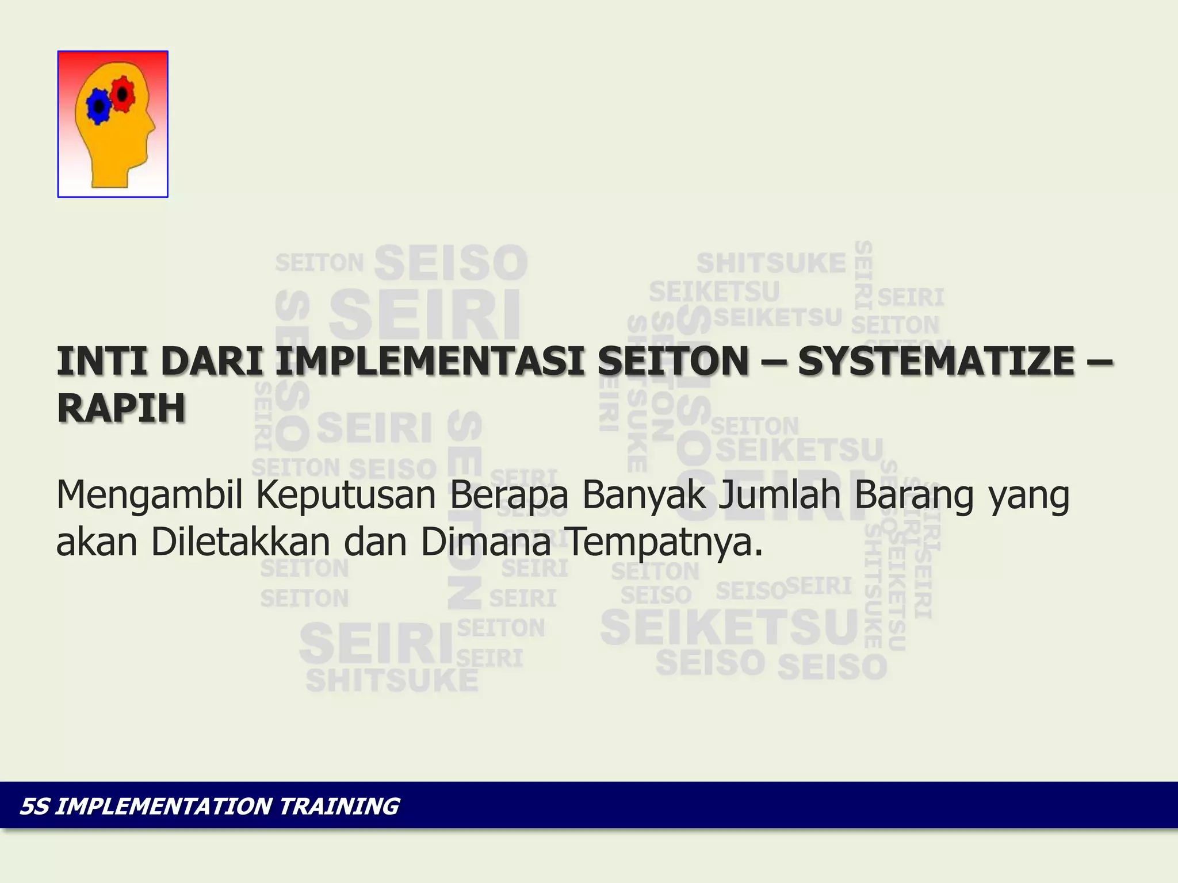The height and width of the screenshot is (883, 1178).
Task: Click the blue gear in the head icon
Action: point(99,106)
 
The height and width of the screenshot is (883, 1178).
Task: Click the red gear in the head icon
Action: point(123,94)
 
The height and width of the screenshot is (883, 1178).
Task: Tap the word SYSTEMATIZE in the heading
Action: point(936,361)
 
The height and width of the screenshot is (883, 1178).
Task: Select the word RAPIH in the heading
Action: point(121,408)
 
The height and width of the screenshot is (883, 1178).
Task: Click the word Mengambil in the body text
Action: point(150,496)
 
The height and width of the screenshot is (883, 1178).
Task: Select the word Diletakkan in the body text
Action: point(241,542)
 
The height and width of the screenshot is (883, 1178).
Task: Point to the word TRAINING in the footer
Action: point(339,806)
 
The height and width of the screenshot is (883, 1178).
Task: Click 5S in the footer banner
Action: point(35,806)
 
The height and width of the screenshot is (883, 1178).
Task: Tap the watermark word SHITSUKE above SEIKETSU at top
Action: point(771,263)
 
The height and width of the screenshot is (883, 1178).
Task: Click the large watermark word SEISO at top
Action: point(451,263)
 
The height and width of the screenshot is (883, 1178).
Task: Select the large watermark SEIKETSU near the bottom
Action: point(729,628)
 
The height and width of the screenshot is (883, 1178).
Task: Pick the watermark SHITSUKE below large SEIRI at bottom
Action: point(392,681)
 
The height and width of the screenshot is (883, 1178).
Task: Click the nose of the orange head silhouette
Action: point(152,126)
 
